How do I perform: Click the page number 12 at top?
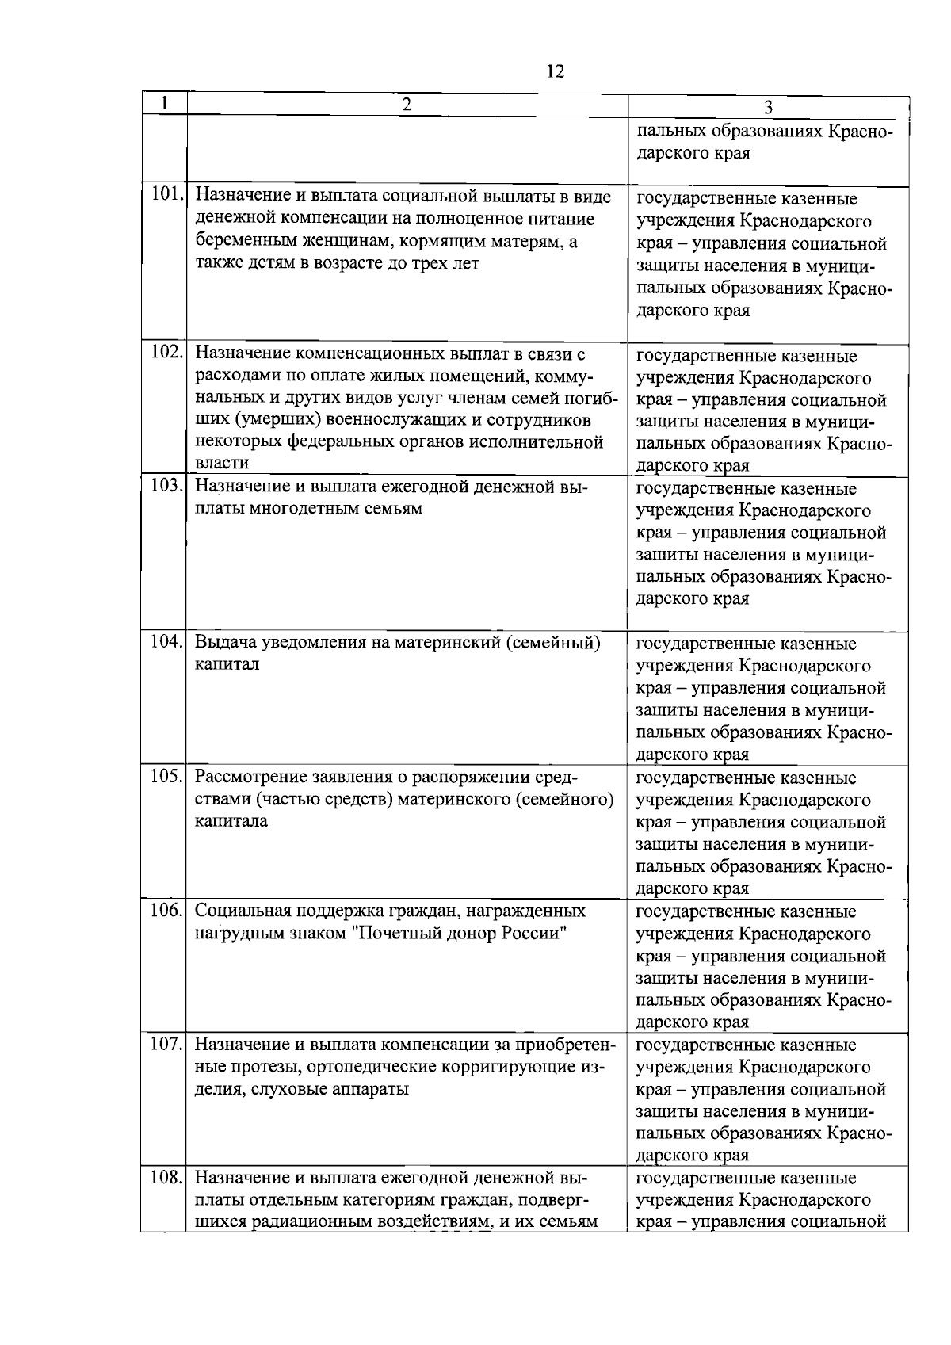pos(555,72)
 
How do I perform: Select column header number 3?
pos(768,107)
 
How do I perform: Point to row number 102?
pos(166,352)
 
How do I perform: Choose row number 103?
pos(166,485)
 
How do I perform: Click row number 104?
pos(166,641)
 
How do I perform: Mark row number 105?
pos(166,775)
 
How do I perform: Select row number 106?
pos(166,910)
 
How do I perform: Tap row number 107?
pos(166,1043)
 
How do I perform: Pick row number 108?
pos(166,1177)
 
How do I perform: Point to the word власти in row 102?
pos(222,463)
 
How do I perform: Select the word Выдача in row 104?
pos(223,642)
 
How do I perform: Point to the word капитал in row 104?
pos(227,664)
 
